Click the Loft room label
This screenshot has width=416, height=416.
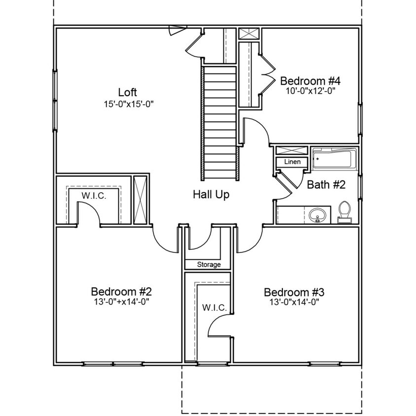coord(127,92)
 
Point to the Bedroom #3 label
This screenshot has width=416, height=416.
coord(294,291)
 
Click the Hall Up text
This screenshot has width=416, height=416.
coord(210,195)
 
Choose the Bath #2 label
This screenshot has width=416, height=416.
coord(326,185)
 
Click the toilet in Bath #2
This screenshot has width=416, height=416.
coord(344,212)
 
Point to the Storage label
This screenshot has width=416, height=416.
coord(209,265)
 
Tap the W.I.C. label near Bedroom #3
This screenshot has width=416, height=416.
coord(214,308)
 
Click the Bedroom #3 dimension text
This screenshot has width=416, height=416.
coord(294,302)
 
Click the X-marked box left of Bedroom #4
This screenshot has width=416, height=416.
coord(249,34)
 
